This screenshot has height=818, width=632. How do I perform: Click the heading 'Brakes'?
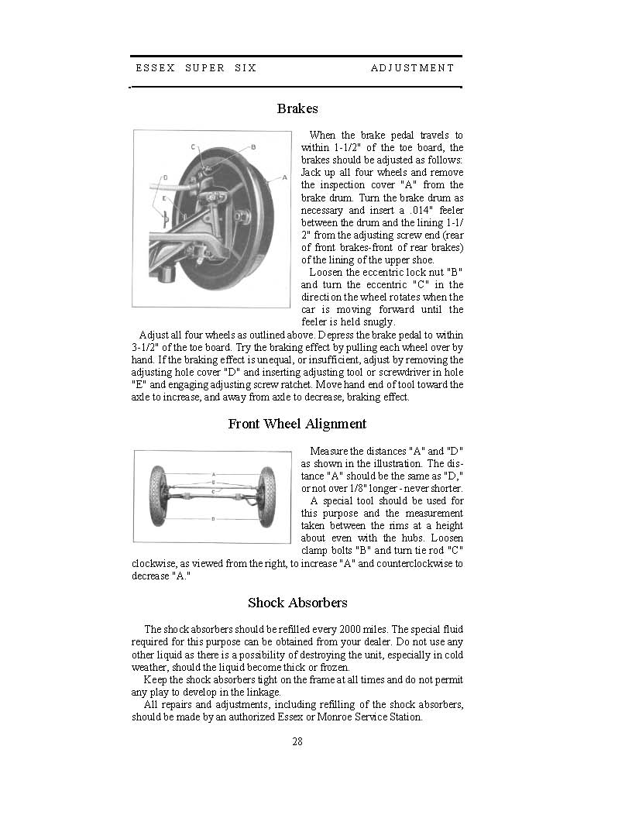[x=297, y=108]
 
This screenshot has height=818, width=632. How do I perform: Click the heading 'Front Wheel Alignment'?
[x=297, y=424]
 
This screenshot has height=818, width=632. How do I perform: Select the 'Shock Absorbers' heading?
[x=297, y=603]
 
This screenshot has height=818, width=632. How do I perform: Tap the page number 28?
[x=297, y=742]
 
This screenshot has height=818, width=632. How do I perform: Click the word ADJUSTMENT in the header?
[x=411, y=68]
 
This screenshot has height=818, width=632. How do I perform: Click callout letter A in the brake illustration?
[x=284, y=177]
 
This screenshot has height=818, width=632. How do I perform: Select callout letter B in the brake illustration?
[x=253, y=147]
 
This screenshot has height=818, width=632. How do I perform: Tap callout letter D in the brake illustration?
[x=165, y=177]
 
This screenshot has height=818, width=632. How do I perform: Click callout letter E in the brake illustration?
[x=164, y=198]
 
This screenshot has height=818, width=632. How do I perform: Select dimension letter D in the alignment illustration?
[x=213, y=519]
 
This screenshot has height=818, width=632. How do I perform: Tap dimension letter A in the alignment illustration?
[x=213, y=474]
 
